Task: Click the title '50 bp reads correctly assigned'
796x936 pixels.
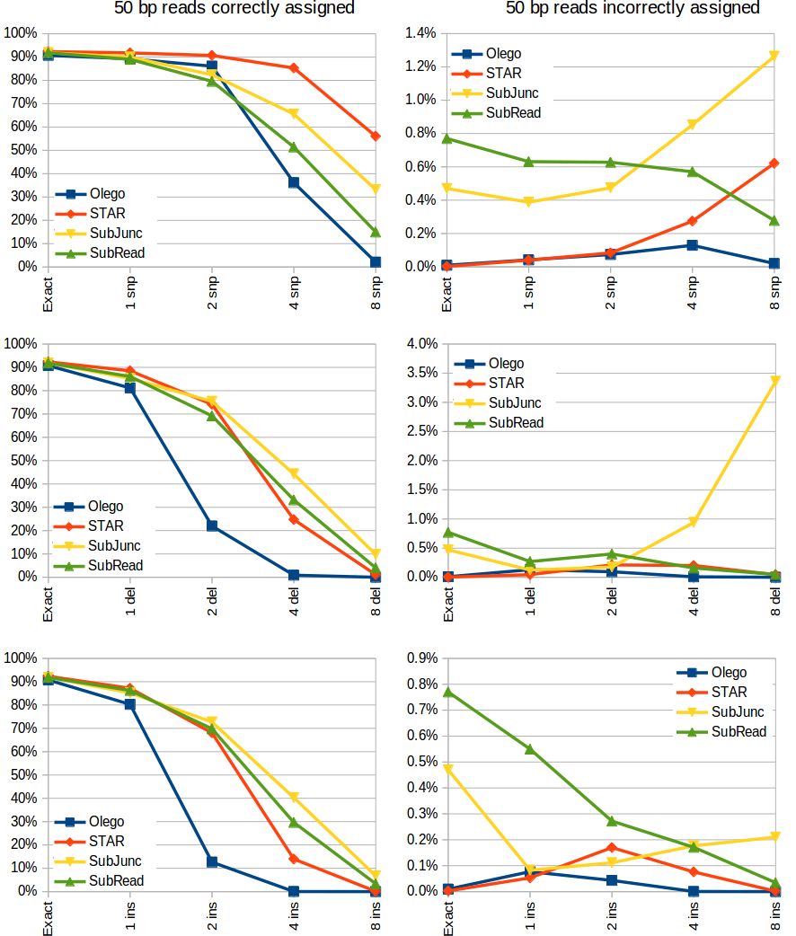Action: [x=234, y=9]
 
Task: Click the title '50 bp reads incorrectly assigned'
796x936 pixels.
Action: [x=632, y=9]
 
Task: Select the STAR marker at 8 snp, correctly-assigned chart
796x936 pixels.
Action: [x=376, y=136]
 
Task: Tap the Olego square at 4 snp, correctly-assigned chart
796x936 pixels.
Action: [x=294, y=182]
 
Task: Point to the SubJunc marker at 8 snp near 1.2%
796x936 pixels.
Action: [x=774, y=57]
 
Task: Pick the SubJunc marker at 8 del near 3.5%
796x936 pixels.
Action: [x=774, y=381]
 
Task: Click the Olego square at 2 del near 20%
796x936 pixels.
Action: [x=212, y=525]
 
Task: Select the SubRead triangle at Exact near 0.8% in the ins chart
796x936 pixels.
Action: [x=447, y=692]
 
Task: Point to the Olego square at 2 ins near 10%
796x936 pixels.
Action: [x=212, y=861]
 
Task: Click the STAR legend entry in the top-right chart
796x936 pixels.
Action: [x=502, y=74]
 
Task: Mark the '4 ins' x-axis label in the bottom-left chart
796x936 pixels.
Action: [x=294, y=917]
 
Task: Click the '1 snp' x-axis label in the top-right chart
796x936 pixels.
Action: [x=528, y=293]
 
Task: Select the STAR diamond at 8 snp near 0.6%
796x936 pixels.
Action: [x=774, y=163]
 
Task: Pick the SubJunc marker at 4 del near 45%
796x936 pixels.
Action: [x=294, y=473]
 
